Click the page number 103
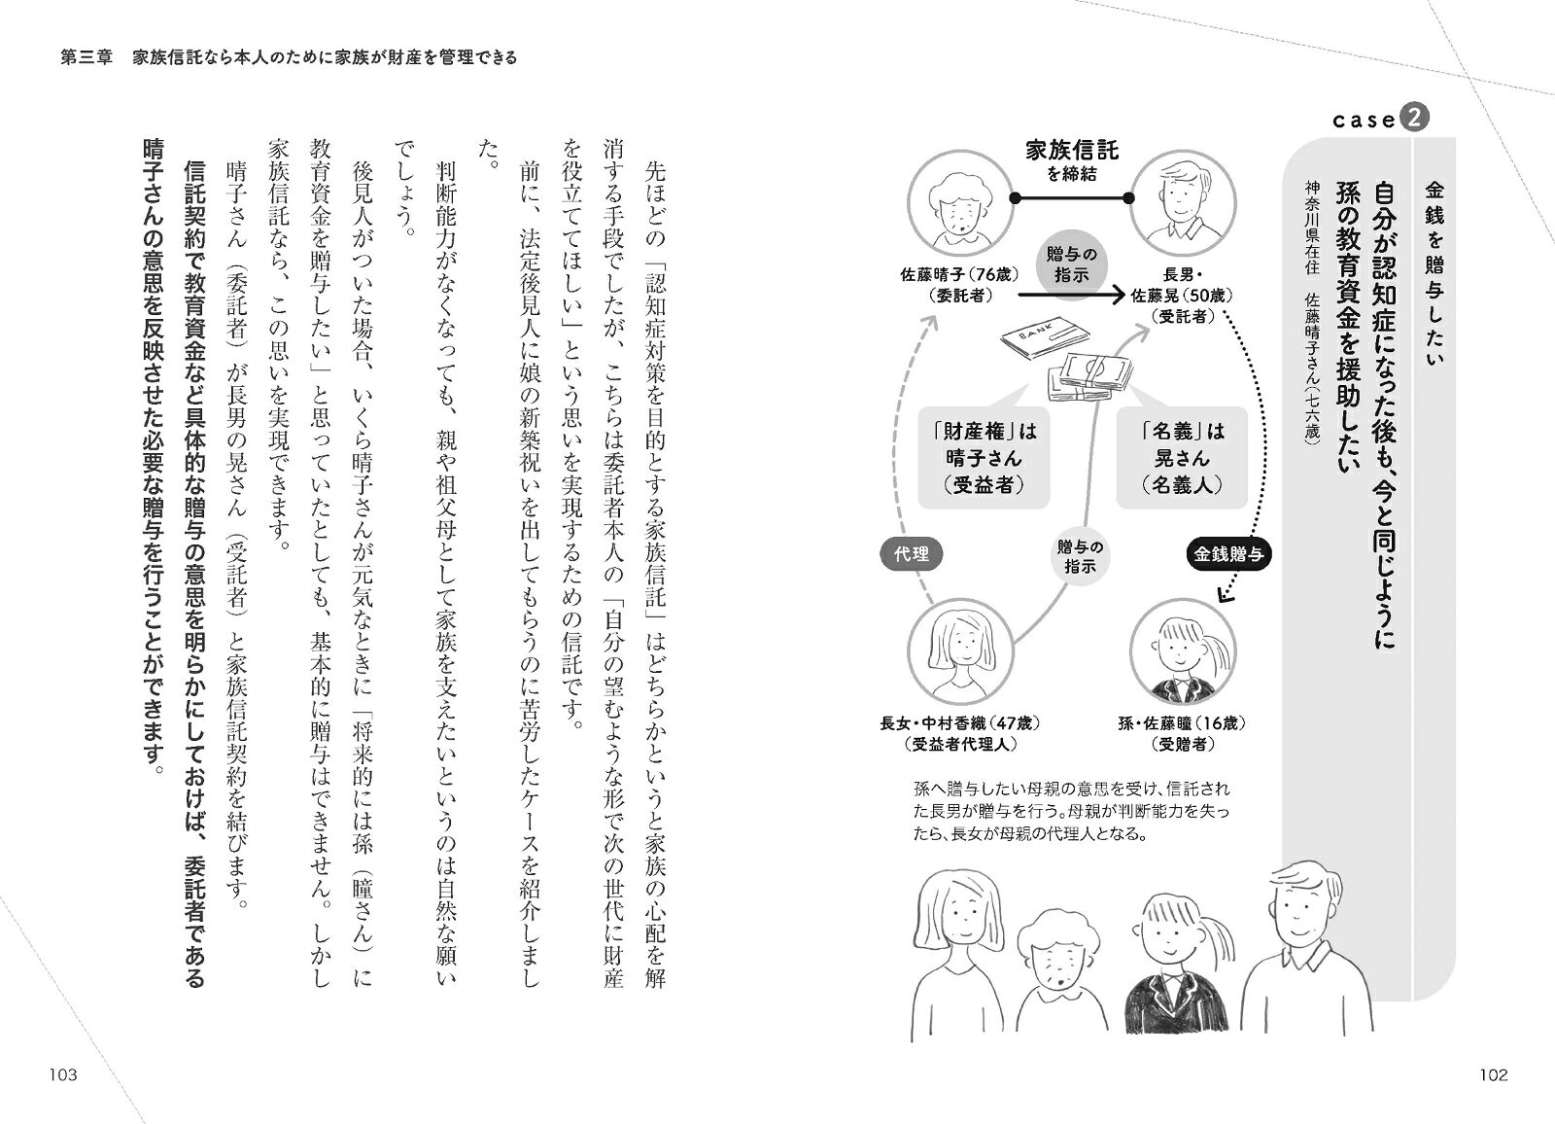point(63,1074)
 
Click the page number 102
point(1494,1074)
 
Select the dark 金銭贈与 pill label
point(1228,553)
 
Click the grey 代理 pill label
point(912,553)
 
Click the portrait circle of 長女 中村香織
point(960,651)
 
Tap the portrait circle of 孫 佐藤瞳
point(1183,651)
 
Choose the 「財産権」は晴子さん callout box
point(985,458)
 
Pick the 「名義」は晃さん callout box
point(1182,458)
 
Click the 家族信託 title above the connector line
point(1072,150)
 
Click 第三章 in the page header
point(86,57)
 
